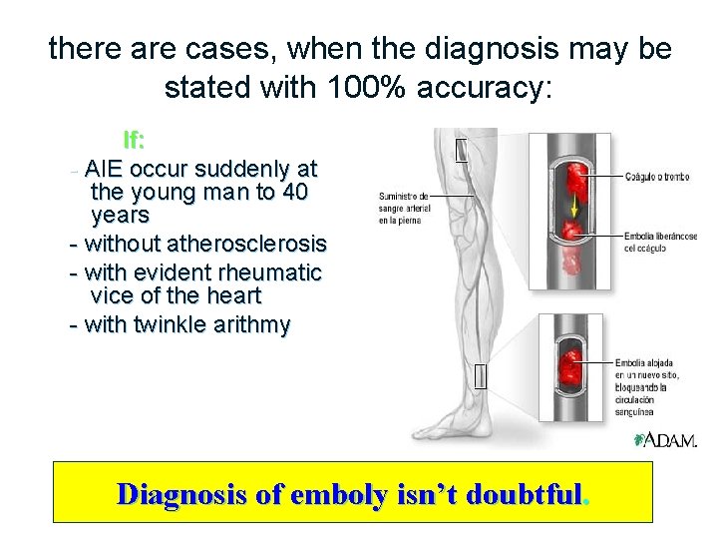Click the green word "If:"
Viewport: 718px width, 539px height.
pyautogui.click(x=134, y=140)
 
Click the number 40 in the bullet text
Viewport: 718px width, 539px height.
pyautogui.click(x=295, y=191)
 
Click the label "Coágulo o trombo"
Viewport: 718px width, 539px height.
pyautogui.click(x=656, y=177)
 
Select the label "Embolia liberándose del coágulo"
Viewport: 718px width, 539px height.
pyautogui.click(x=658, y=242)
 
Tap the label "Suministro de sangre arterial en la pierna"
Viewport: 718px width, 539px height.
pyautogui.click(x=404, y=208)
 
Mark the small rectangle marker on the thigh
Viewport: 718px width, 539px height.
pyautogui.click(x=461, y=150)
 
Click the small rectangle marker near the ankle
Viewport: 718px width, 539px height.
pyautogui.click(x=481, y=376)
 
